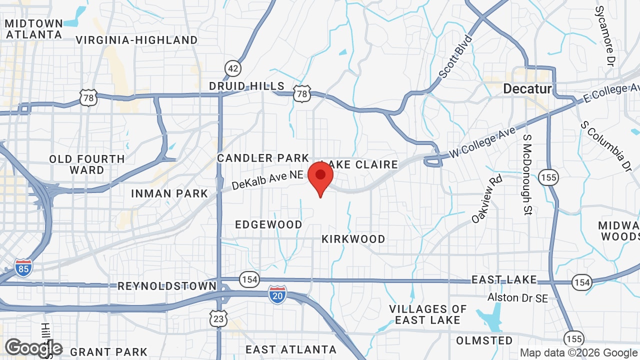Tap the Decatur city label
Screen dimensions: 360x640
[x=527, y=89]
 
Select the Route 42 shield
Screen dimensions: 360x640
[x=232, y=68]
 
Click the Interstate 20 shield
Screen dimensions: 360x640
[x=277, y=294]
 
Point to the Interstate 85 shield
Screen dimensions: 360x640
[x=23, y=268]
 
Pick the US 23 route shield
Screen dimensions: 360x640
[x=219, y=318]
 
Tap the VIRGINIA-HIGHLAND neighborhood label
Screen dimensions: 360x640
[x=136, y=40]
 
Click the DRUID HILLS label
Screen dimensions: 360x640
[x=246, y=86]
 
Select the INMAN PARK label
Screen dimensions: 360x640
[x=169, y=193]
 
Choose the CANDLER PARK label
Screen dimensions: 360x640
[x=263, y=158]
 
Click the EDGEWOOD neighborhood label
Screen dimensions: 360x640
[x=268, y=224]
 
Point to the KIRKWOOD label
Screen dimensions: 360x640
[x=353, y=239]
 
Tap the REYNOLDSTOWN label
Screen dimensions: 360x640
[x=167, y=286]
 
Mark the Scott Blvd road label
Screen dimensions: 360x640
[x=455, y=56]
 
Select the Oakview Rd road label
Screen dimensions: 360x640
[x=486, y=199]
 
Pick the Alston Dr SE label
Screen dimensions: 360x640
[x=518, y=298]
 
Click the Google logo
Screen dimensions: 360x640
[x=33, y=348]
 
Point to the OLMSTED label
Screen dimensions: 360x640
[x=484, y=340]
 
